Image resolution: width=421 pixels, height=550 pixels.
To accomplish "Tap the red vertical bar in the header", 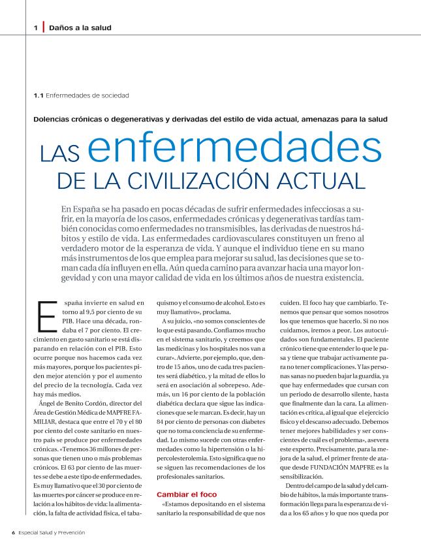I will coord(43,27).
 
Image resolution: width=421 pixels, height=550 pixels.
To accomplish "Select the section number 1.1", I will coord(38,95).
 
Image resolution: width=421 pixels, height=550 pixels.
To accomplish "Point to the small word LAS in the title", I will coord(60,154).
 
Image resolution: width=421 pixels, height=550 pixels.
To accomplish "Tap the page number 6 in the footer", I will coord(13,532).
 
